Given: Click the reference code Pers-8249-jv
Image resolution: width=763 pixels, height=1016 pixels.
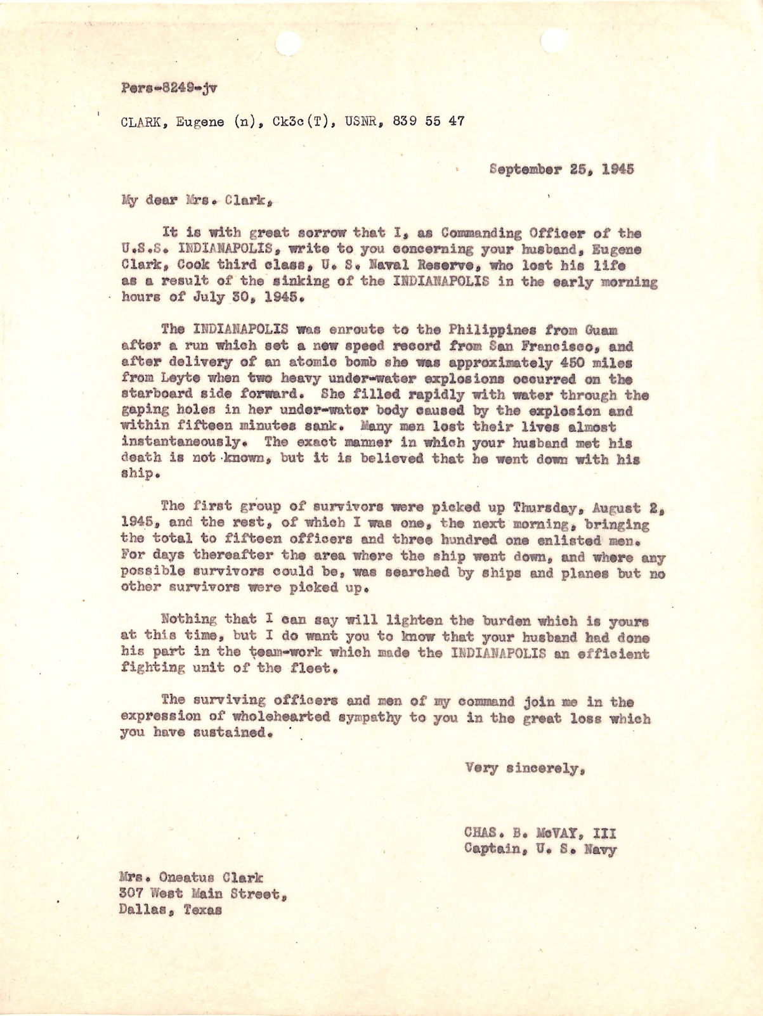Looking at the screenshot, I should click(168, 89).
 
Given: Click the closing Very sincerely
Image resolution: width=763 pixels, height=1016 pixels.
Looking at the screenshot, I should click(523, 768).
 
